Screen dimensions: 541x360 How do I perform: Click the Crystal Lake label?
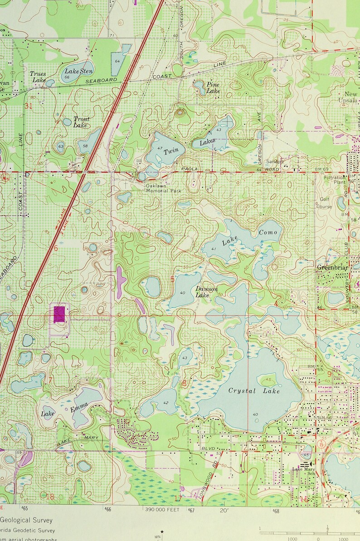coord(254,391)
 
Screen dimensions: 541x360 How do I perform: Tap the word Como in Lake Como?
coord(268,232)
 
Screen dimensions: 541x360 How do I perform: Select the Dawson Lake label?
coord(207,292)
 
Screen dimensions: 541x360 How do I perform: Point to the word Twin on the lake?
coord(171,151)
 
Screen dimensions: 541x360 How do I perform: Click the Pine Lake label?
coord(213,87)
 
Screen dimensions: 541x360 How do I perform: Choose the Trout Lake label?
coord(81,121)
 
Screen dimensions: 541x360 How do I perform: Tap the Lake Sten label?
coord(79,71)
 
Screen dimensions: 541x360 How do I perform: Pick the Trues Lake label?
coord(38,77)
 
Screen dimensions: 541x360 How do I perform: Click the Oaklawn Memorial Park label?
coord(163,188)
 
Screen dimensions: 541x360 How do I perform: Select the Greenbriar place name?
coord(331,267)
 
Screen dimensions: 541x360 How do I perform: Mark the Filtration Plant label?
coord(335,180)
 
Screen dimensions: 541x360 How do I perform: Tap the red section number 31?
coord(29,106)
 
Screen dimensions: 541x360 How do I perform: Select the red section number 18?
coord(50,497)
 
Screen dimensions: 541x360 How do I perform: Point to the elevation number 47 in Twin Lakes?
coord(160,148)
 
